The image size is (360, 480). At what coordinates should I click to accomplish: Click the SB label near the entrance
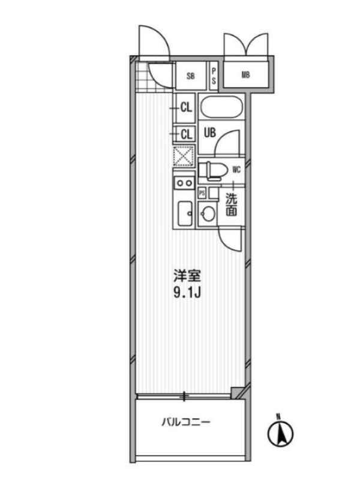coord(190,76)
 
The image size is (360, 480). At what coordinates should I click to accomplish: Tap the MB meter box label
coord(245,74)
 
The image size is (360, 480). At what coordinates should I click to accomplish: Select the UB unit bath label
coord(209,133)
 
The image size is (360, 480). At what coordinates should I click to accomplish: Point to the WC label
coord(236,170)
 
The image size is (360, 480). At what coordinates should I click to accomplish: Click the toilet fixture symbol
coord(213,170)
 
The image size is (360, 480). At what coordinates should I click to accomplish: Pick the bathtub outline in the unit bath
coord(221,107)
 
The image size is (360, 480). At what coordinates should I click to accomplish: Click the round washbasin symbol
coord(208,213)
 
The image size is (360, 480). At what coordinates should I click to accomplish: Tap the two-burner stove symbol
coord(184,183)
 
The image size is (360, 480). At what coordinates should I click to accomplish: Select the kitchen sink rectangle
coord(185,214)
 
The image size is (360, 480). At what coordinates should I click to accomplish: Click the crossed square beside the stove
coord(184,157)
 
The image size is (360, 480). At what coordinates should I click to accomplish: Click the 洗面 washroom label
coord(232,205)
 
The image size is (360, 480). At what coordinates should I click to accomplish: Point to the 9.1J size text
coord(187,293)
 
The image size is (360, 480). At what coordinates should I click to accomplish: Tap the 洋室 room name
coord(187,276)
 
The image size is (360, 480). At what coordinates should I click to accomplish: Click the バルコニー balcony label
coord(186,423)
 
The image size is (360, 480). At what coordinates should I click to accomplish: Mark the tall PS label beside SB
coord(214,76)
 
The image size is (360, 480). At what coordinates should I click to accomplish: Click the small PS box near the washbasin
coord(202,193)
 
